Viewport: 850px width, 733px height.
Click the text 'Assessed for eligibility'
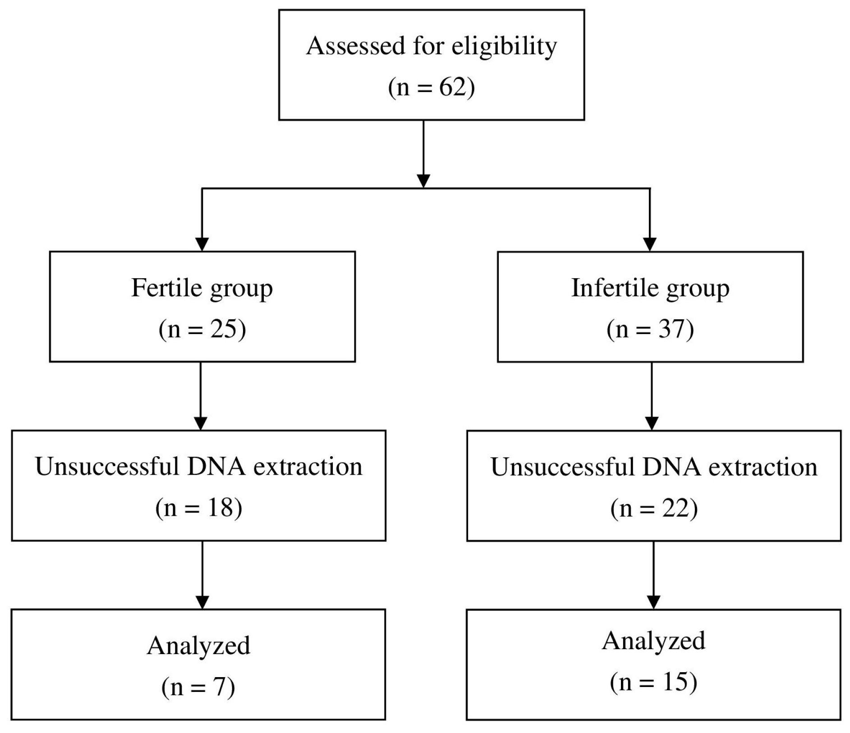[x=432, y=46]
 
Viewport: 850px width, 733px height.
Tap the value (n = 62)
[x=432, y=87]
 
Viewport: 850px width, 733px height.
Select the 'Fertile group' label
[x=202, y=289]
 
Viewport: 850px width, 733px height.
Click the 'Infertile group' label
[x=650, y=289]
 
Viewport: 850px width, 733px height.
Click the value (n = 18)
[x=198, y=508]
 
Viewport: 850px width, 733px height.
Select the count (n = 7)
[x=198, y=687]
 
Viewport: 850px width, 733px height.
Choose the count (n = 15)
[x=653, y=682]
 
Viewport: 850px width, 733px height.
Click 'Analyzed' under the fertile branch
[x=198, y=646]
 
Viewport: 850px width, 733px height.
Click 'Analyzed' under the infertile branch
[x=653, y=641]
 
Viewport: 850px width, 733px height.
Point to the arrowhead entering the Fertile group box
[x=202, y=244]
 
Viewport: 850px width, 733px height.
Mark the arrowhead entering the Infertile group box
[x=650, y=244]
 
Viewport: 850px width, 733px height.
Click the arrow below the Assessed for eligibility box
[x=423, y=153]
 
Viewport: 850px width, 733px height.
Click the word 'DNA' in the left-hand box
[x=216, y=467]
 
